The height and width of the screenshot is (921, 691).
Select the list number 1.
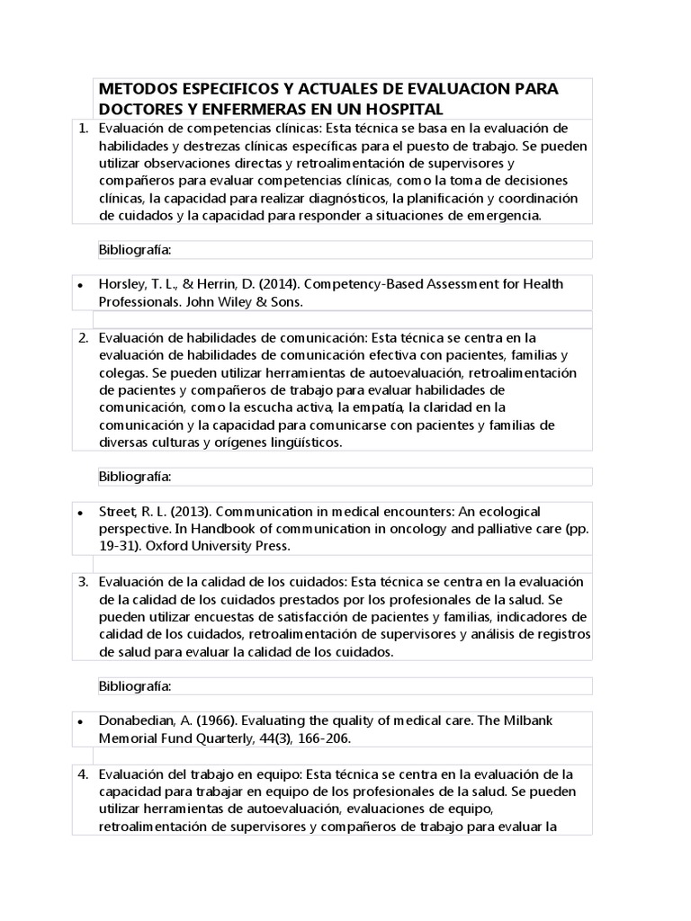click(83, 130)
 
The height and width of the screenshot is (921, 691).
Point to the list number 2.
click(83, 338)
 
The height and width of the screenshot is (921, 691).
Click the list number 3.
click(83, 582)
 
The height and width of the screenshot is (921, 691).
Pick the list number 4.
click(83, 773)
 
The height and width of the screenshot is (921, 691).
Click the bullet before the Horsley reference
click(81, 285)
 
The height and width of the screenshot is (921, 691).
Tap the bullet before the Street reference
click(81, 513)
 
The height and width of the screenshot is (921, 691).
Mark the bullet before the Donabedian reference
click(81, 722)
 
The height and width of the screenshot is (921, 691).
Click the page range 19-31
click(119, 546)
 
